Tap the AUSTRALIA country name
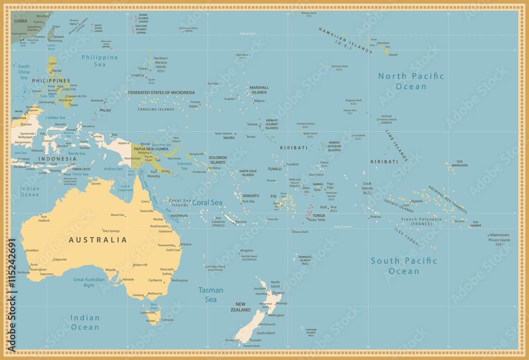[98, 240]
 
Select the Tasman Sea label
[211, 294]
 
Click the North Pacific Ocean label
[411, 81]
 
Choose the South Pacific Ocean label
[404, 266]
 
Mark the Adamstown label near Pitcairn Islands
[499, 235]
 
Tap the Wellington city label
[276, 315]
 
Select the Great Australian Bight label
[91, 282]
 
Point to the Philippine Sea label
[100, 60]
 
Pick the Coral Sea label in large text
[207, 202]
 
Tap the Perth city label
[34, 265]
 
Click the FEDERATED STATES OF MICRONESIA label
[161, 93]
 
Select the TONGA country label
[320, 215]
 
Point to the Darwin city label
[96, 183]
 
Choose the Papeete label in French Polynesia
[417, 201]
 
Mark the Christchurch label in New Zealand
[266, 324]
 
